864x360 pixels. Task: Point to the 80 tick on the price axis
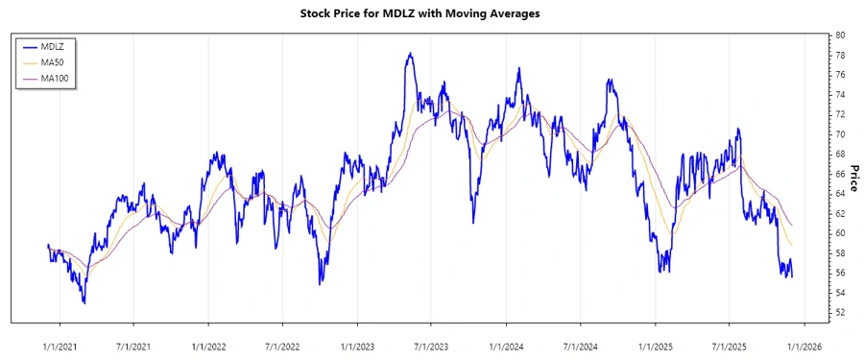[x=840, y=35]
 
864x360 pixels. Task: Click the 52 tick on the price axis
[x=840, y=313]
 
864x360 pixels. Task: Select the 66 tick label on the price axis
[x=840, y=174]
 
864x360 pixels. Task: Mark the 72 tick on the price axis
[x=840, y=114]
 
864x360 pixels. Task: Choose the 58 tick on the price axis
[x=840, y=253]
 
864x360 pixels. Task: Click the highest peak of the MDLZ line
[x=410, y=54]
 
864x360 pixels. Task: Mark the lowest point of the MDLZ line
[x=84, y=303]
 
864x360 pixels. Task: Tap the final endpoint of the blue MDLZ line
[x=792, y=277]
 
